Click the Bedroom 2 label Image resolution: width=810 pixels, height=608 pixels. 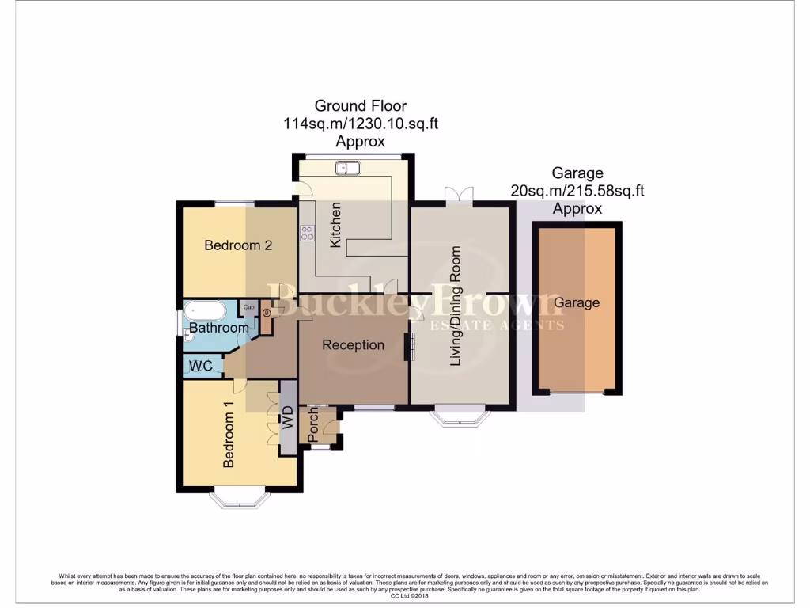(238, 245)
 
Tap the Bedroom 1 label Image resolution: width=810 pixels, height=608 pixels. (229, 435)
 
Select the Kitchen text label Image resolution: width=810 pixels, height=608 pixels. (336, 225)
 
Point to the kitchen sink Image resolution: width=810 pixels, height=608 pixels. (346, 167)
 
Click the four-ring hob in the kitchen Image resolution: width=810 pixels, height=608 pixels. (306, 233)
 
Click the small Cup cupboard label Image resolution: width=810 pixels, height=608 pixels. (248, 307)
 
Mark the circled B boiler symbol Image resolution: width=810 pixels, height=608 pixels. (266, 313)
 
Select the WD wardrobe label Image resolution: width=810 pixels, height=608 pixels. (288, 416)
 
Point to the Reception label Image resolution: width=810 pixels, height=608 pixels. (353, 345)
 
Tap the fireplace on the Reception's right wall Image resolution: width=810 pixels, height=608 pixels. (409, 347)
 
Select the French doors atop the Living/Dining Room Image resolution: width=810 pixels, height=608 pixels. (460, 195)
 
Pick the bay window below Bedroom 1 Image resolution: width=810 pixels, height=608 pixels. (240, 499)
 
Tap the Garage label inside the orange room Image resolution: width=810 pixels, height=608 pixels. (576, 302)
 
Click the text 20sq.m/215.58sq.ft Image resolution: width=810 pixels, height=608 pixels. (577, 191)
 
